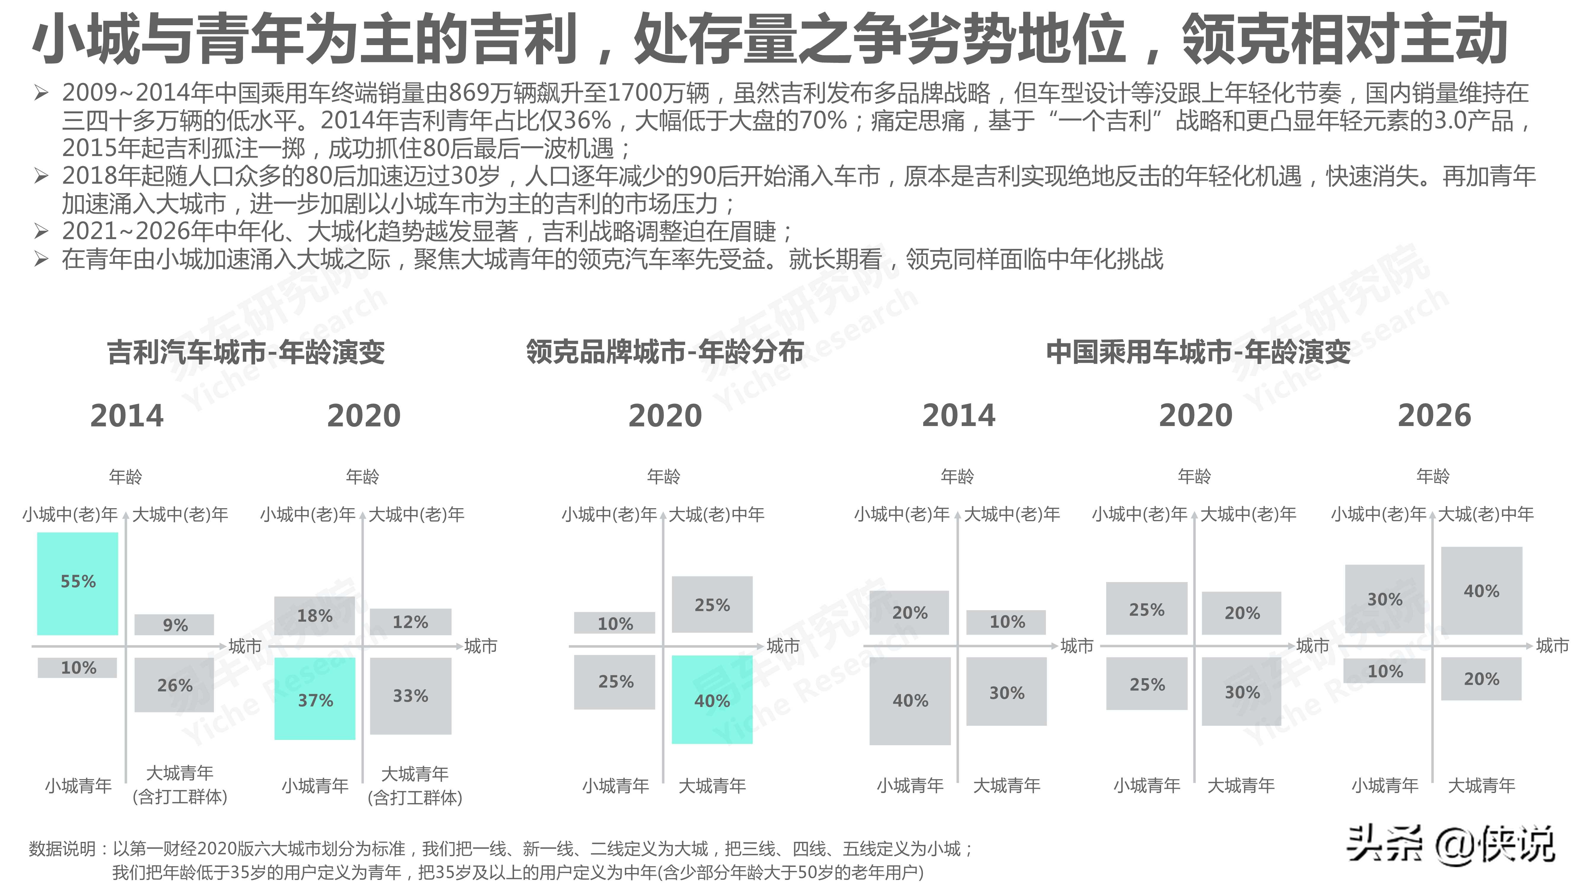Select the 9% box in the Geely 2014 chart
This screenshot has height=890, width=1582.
tap(174, 625)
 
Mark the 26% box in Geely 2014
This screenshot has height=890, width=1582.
tap(174, 685)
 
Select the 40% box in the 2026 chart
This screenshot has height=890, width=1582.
tap(1481, 591)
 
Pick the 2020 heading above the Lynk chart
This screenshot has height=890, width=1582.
tap(664, 416)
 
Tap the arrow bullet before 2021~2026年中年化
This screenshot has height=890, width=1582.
tap(41, 232)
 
